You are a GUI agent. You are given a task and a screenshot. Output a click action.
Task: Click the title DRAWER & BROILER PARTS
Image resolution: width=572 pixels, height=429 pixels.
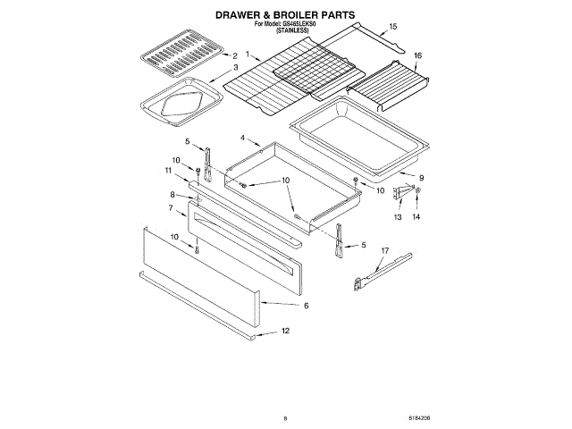(x=285, y=15)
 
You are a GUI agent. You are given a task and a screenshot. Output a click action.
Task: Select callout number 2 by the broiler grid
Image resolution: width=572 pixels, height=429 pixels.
(x=235, y=56)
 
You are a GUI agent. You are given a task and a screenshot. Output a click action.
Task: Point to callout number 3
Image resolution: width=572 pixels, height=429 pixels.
(x=235, y=68)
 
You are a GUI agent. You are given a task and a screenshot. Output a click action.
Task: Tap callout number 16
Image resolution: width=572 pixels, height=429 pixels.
(x=417, y=55)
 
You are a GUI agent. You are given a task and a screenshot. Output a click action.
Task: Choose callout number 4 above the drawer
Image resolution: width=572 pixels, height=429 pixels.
(x=242, y=138)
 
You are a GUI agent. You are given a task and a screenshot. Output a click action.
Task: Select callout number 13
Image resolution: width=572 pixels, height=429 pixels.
(x=399, y=216)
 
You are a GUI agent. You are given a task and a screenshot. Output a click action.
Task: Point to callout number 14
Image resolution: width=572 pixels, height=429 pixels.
(x=415, y=216)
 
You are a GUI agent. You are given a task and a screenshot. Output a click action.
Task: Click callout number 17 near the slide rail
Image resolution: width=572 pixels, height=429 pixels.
(x=385, y=251)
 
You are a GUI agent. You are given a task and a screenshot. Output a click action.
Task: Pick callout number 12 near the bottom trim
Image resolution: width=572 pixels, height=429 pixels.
(x=285, y=331)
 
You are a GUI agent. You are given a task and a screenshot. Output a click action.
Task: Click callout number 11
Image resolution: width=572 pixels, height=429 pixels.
(x=167, y=170)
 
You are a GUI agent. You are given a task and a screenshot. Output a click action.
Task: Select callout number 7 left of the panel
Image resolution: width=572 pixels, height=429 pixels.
(x=171, y=207)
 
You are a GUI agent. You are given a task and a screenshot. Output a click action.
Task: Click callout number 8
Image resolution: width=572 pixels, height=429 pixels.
(x=172, y=194)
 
